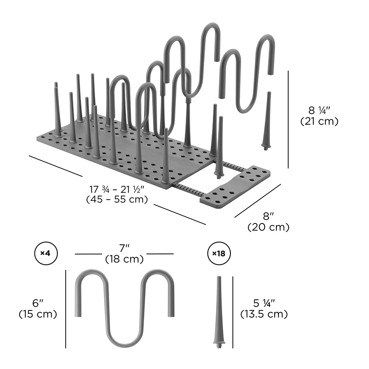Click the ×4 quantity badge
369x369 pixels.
(x=45, y=253)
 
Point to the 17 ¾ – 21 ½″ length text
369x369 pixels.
(x=117, y=189)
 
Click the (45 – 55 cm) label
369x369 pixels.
(x=117, y=200)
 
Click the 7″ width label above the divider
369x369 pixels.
(x=124, y=248)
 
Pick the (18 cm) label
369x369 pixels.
(x=124, y=259)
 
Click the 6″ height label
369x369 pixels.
(x=38, y=303)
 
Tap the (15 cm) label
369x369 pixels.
(x=38, y=314)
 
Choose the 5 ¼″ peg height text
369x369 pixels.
(x=263, y=303)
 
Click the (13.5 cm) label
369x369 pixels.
(x=263, y=314)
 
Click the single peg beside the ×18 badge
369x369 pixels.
(x=219, y=312)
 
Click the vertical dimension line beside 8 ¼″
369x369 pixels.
(x=289, y=119)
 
